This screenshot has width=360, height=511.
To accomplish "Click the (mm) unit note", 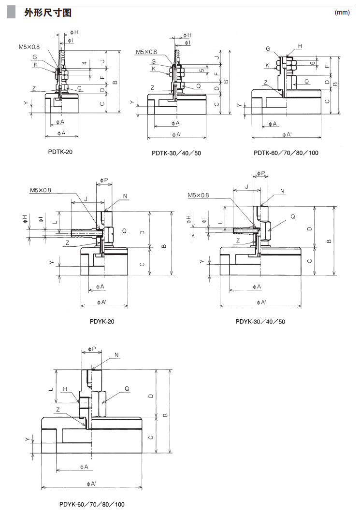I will click(342, 13).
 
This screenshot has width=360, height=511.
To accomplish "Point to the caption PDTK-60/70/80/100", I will click(286, 153).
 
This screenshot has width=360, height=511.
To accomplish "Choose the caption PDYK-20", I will click(102, 321).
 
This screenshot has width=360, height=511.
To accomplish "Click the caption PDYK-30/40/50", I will click(260, 321).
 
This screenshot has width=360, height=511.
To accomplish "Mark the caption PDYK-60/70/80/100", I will click(92, 504).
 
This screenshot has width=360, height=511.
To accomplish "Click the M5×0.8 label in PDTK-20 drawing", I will click(29, 47).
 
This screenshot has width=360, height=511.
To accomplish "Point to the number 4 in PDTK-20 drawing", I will click(84, 63).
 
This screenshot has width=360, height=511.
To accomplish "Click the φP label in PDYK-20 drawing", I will click(105, 180).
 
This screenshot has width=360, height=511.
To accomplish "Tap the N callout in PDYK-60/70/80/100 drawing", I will click(116, 355).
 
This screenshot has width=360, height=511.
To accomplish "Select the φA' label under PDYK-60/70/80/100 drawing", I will click(91, 483).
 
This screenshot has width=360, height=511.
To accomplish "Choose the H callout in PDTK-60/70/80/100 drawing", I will click(300, 46).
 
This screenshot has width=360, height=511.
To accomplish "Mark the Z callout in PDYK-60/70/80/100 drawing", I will click(58, 409).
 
